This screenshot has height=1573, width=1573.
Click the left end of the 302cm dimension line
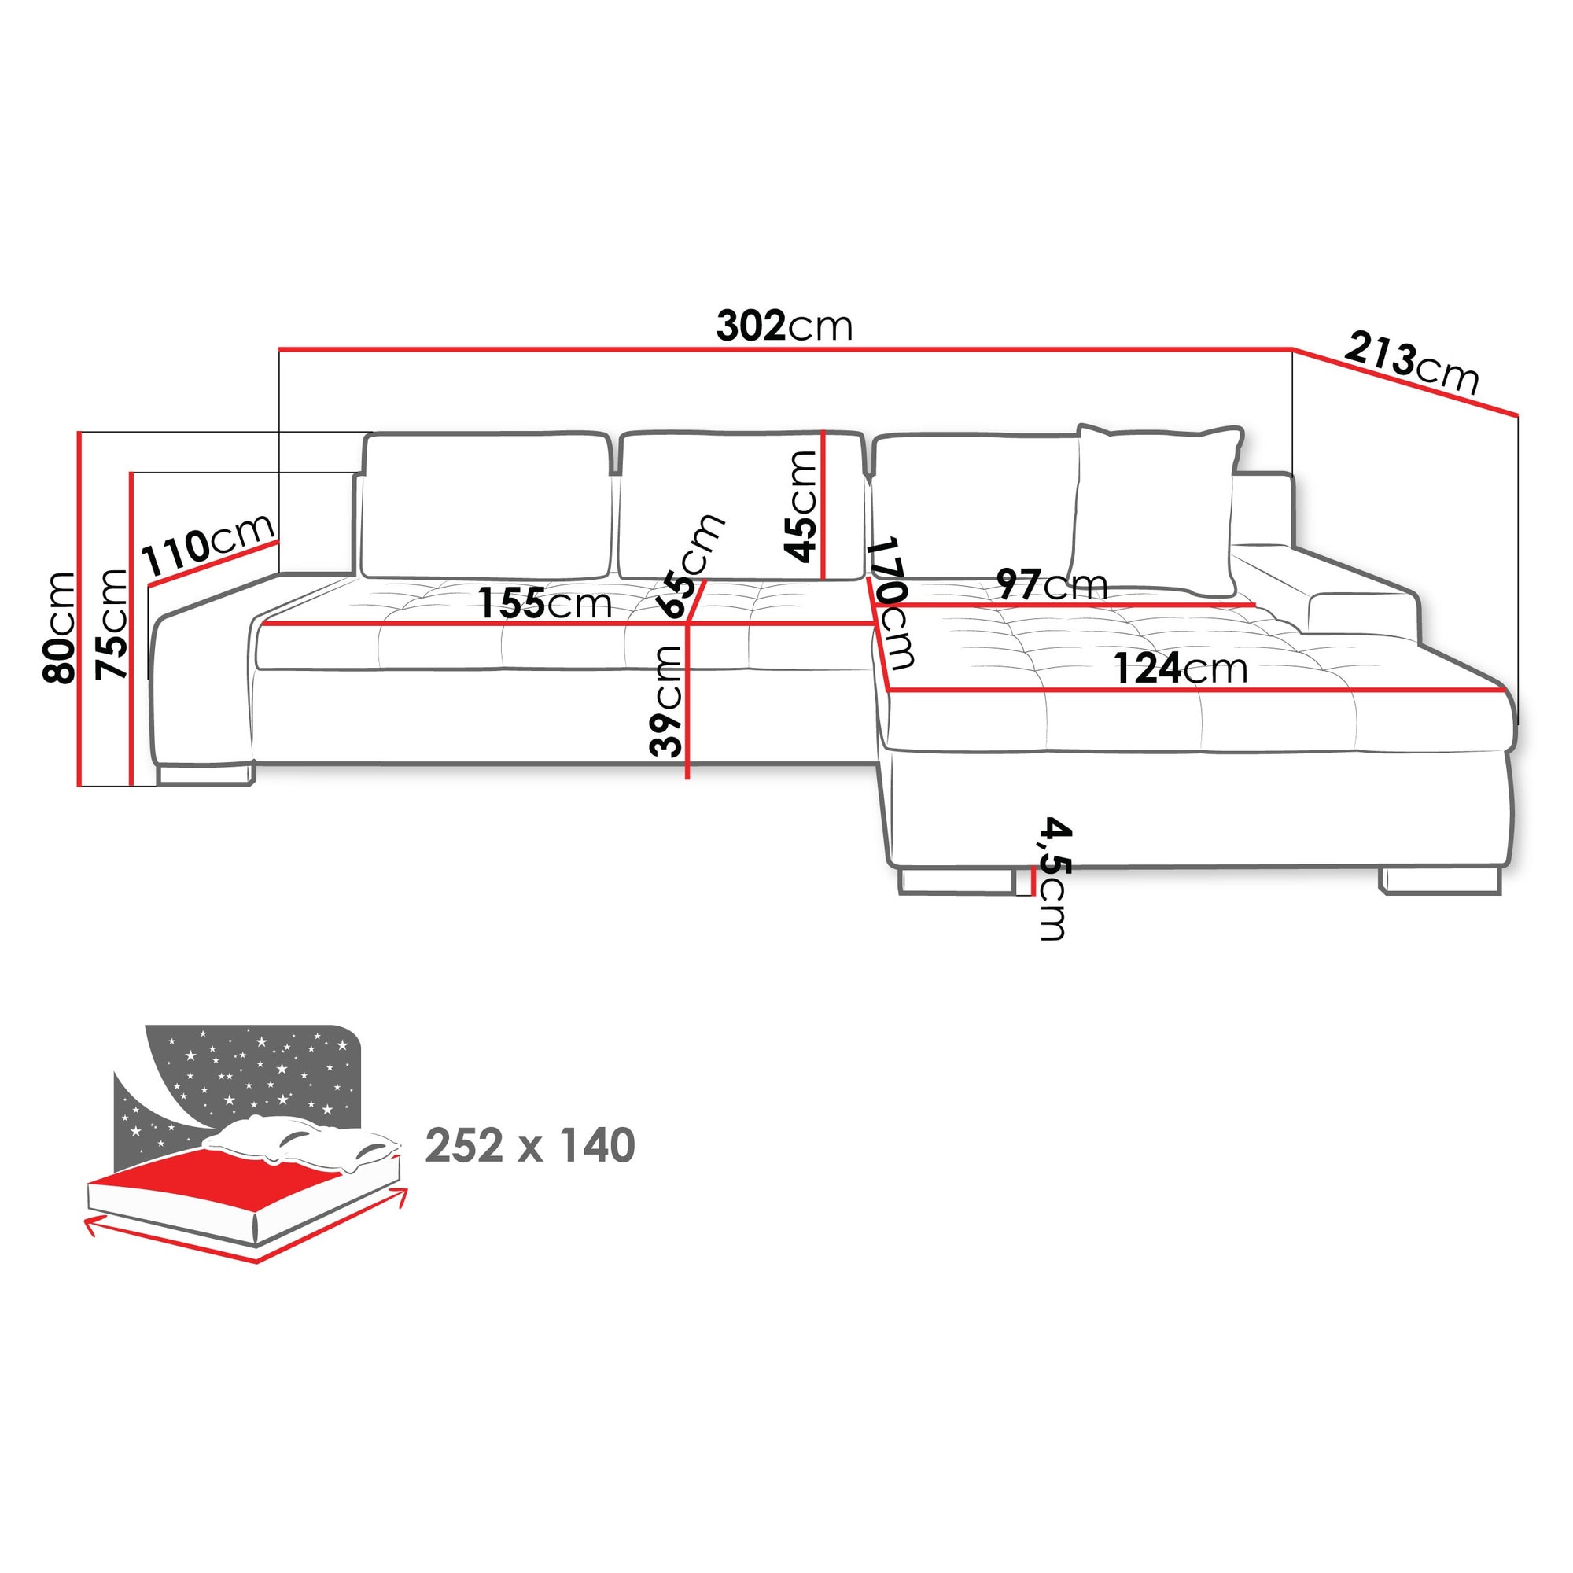click(280, 349)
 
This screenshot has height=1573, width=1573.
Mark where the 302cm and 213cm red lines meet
click(1293, 349)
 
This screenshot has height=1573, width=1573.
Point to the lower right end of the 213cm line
click(1518, 415)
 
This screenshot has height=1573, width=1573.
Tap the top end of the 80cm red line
click(79, 433)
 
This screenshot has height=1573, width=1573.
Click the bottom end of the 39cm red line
click(688, 779)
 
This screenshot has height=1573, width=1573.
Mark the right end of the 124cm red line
click(1505, 691)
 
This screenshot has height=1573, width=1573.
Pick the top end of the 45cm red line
click(824, 432)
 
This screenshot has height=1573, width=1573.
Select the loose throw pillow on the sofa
click(1155, 510)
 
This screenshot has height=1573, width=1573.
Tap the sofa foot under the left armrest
click(205, 773)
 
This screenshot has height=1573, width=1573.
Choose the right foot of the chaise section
click(1439, 881)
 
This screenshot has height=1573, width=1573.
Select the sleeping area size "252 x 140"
click(530, 1147)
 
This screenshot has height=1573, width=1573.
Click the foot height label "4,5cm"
click(1055, 879)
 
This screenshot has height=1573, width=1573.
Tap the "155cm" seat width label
click(545, 603)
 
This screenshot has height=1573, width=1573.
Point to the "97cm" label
click(1052, 584)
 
